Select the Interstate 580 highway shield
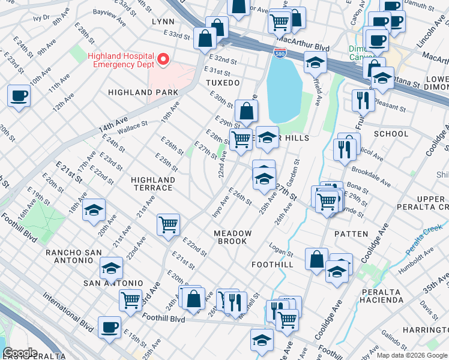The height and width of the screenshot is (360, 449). point(280,53)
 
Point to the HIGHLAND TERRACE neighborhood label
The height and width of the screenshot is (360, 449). point(153,184)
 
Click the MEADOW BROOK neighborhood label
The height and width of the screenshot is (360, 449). point(232,237)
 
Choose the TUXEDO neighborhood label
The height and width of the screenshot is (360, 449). point(223,82)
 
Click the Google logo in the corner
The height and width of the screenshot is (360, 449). point(20,353)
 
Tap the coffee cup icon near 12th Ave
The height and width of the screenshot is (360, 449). point(19,96)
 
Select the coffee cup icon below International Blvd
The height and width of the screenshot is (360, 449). point(110,328)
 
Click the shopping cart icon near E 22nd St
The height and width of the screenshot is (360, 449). point(168,225)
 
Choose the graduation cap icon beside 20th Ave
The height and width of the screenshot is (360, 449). point(94,211)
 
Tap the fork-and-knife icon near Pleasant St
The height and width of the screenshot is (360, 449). point(363,100)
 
